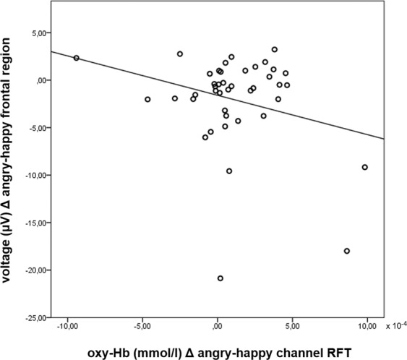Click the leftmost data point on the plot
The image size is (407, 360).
coord(77,58)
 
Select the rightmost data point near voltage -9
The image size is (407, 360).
coord(365,167)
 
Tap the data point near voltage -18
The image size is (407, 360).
coord(347,251)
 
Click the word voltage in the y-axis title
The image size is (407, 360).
coord(12,267)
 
